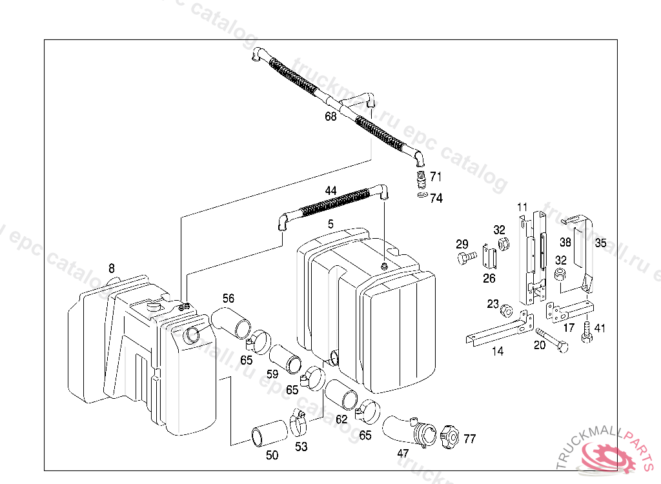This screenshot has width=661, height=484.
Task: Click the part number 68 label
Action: click(x=330, y=116)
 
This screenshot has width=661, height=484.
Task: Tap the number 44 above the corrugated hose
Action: click(x=330, y=190)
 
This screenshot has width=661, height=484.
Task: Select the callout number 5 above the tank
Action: click(x=330, y=224)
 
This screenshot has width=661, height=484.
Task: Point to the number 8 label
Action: click(x=111, y=268)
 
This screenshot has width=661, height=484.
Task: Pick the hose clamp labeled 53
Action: click(x=298, y=424)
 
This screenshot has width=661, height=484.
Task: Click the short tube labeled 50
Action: click(x=269, y=433)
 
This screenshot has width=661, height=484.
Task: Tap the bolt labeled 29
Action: click(x=466, y=257)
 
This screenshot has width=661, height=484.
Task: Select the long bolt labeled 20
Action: click(x=552, y=340)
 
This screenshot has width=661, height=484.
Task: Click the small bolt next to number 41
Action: click(x=586, y=332)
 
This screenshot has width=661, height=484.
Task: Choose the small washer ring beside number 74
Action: click(x=422, y=195)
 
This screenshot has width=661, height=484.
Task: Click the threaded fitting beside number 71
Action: click(x=421, y=179)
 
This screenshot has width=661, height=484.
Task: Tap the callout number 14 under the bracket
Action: click(x=498, y=351)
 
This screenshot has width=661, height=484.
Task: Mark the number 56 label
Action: click(x=228, y=298)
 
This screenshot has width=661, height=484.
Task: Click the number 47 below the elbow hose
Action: click(x=403, y=453)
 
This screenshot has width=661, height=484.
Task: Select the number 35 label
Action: click(x=601, y=243)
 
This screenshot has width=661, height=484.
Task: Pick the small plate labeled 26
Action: click(x=489, y=257)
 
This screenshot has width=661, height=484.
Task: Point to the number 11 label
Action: click(x=522, y=207)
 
